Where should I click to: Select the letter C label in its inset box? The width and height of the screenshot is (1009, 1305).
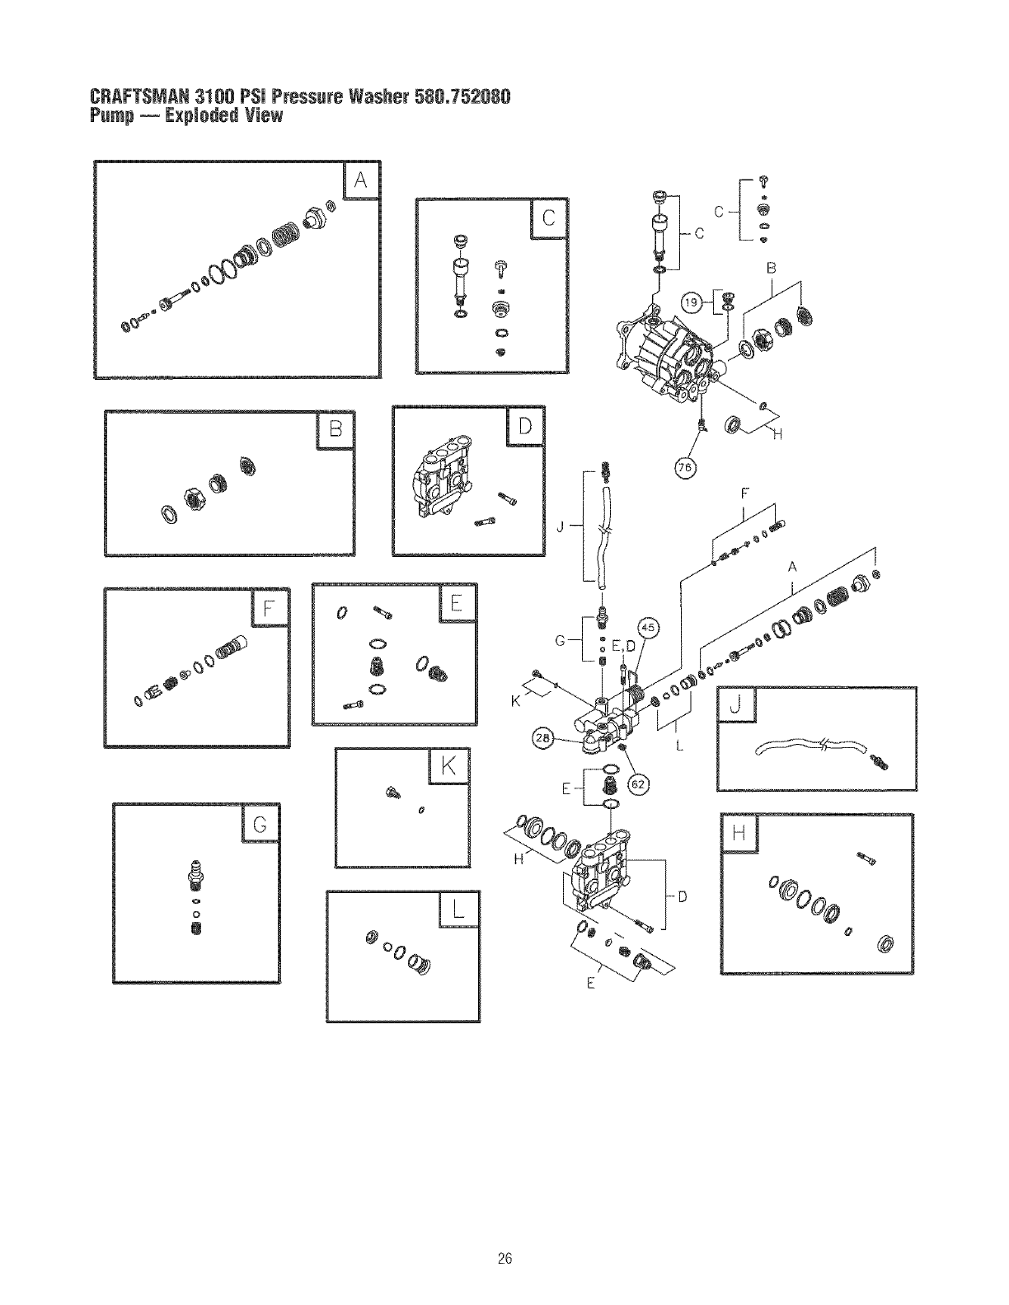click(x=548, y=217)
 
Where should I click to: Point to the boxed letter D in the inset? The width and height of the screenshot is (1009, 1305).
click(x=525, y=426)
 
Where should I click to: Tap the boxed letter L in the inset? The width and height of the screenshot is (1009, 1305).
click(x=458, y=910)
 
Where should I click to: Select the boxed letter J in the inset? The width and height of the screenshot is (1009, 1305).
click(x=736, y=705)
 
